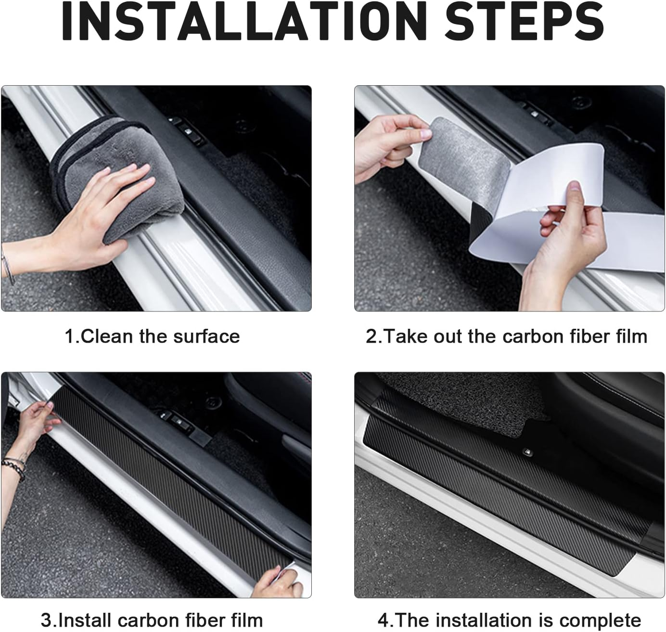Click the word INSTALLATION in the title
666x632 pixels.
(243, 21)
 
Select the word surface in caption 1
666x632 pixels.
(206, 336)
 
